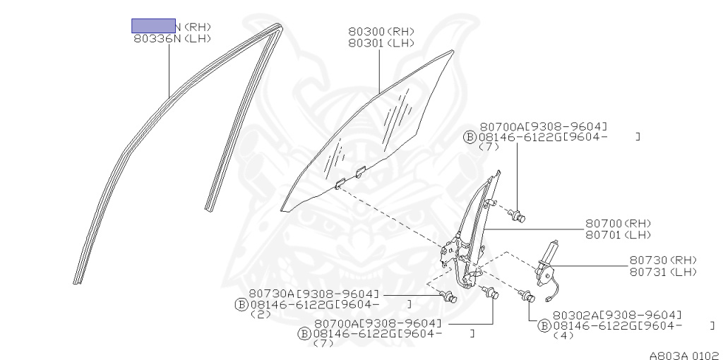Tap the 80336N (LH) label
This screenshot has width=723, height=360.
(172, 40)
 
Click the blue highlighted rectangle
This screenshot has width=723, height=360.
(153, 26)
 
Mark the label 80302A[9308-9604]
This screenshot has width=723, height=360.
(617, 315)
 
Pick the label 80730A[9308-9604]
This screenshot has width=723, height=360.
(313, 293)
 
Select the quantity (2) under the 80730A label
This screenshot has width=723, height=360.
(261, 315)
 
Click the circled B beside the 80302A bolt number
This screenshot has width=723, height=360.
(544, 325)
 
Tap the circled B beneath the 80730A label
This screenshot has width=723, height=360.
(241, 304)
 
